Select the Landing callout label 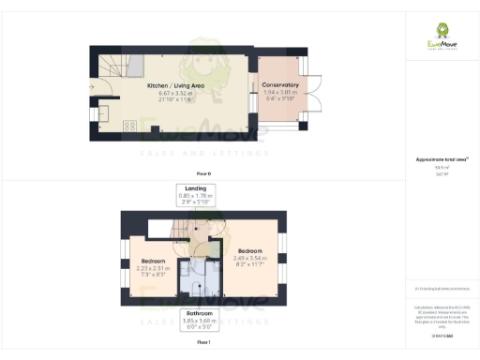[196, 188]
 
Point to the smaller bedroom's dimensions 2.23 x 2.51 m [153, 267]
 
